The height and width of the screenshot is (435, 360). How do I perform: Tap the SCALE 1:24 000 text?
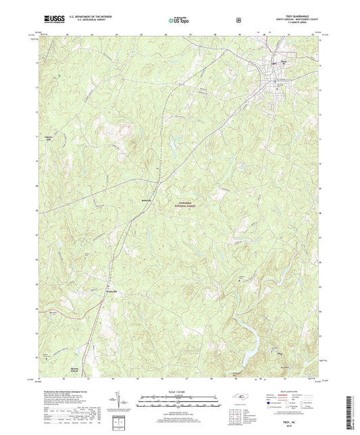pyautogui.click(x=179, y=392)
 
